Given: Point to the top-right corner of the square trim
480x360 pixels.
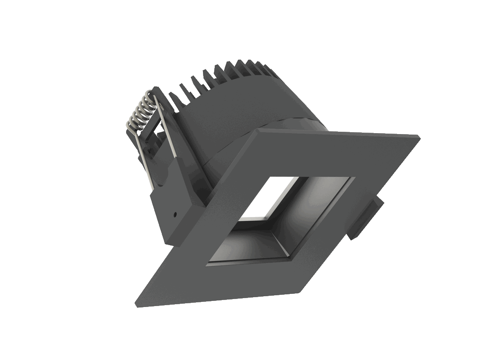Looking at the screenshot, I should click(x=418, y=136).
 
